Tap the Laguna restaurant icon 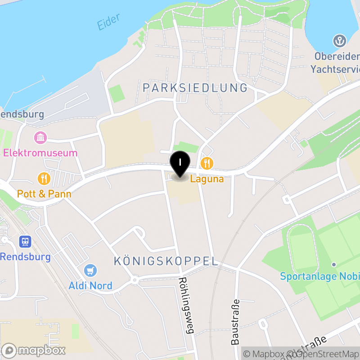[207, 162]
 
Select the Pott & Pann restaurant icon [44, 179]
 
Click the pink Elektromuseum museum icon [40, 137]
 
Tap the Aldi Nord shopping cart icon [90, 270]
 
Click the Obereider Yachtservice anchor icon [339, 41]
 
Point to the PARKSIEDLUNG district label [195, 87]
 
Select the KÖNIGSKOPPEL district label [166, 261]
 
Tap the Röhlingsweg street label [186, 306]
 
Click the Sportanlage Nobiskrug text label [319, 276]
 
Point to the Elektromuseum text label [40, 153]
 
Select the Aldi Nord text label [90, 285]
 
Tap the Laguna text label [207, 179]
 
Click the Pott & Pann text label [44, 194]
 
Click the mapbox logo [34, 350]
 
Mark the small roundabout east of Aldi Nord [134, 280]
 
